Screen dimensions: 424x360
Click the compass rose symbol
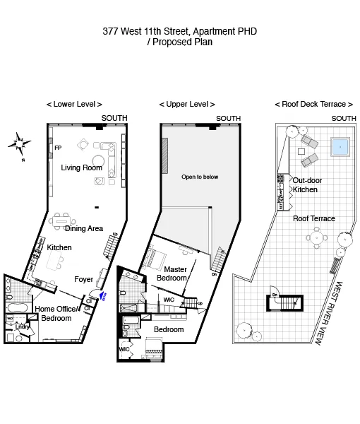coord(20,145)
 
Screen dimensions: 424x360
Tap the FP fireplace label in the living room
coord(58,148)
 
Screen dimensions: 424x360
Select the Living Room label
coord(81,167)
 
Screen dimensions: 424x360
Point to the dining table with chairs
coord(63,219)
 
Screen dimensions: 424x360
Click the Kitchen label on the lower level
coord(59,248)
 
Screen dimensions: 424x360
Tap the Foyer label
coord(84,280)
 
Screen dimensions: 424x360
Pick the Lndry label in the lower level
coord(23,326)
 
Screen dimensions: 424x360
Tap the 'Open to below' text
coord(200,177)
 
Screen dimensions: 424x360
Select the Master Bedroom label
coord(175,273)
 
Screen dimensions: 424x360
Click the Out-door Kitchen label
coord(306,185)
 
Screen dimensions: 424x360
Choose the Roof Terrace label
coord(314,218)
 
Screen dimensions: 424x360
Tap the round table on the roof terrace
coord(318,239)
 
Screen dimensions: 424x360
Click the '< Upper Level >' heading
coord(186,104)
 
